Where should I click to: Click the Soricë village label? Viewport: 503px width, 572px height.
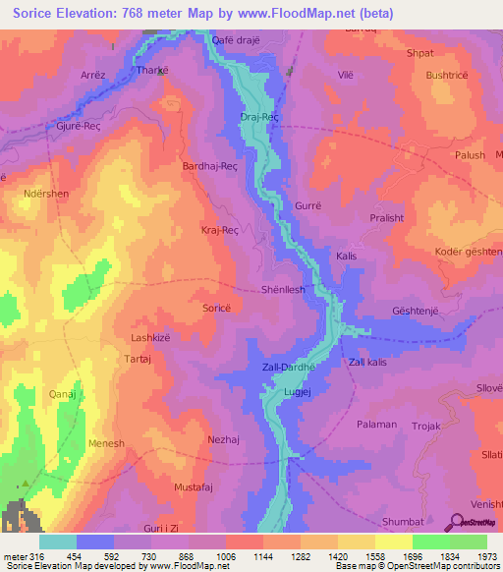pyautogui.click(x=216, y=309)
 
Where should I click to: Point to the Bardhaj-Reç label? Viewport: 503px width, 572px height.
pyautogui.click(x=211, y=167)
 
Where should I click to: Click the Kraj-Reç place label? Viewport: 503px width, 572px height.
pyautogui.click(x=219, y=230)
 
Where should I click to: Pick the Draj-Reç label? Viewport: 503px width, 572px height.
pyautogui.click(x=260, y=117)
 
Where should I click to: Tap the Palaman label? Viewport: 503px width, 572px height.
pyautogui.click(x=377, y=425)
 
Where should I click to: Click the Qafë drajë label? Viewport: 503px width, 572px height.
pyautogui.click(x=238, y=40)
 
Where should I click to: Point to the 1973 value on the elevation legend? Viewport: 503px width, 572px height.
pyautogui.click(x=487, y=557)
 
